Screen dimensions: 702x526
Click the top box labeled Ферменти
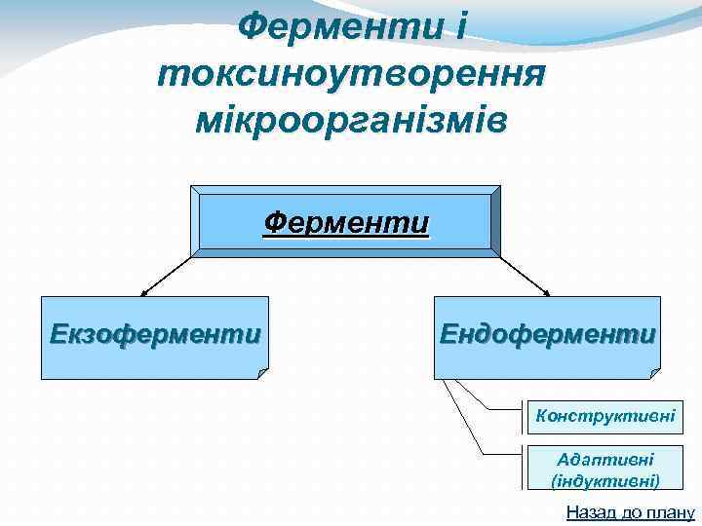pyautogui.click(x=346, y=223)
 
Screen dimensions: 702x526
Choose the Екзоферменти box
pyautogui.click(x=155, y=336)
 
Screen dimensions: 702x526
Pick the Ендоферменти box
pyautogui.click(x=547, y=336)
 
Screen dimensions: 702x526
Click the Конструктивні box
pyautogui.click(x=604, y=416)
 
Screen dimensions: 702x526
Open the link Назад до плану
pyautogui.click(x=630, y=513)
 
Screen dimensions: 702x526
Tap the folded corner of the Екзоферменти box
pyautogui.click(x=261, y=372)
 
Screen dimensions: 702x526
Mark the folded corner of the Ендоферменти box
pyautogui.click(x=654, y=371)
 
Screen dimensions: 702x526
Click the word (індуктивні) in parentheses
pyautogui.click(x=604, y=480)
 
